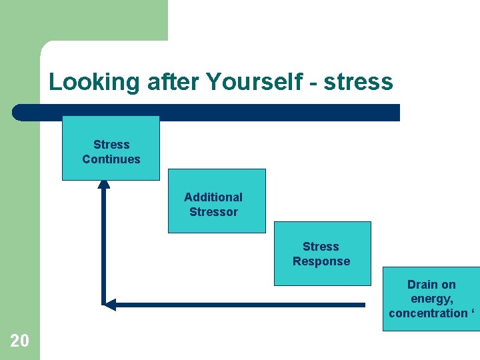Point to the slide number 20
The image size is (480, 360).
[x=20, y=341]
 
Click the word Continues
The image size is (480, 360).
[x=111, y=159]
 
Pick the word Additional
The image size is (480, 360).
[x=213, y=197]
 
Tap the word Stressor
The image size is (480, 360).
[x=213, y=212]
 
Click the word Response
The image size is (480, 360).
[x=321, y=261]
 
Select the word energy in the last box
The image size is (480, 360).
[x=431, y=299]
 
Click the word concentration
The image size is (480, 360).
[x=428, y=313]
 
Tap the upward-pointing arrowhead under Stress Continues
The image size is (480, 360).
[x=104, y=184]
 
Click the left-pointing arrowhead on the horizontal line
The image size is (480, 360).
[x=110, y=305]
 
